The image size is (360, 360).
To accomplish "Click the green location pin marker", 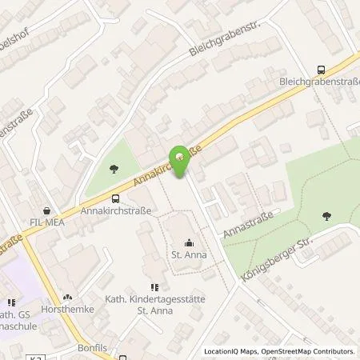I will [x=181, y=156].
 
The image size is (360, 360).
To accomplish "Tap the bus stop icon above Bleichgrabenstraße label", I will [x=322, y=70].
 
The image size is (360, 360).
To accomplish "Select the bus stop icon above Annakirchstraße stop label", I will [x=116, y=199].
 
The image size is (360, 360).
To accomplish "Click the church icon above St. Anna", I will [x=190, y=243].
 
